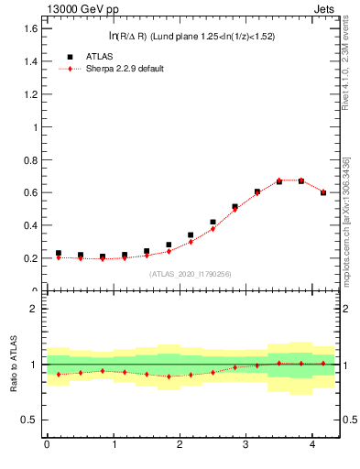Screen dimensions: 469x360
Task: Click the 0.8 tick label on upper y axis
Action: coord(31,159)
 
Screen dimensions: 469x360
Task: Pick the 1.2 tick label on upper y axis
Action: coord(31,94)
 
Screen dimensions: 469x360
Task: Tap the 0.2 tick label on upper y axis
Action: coord(31,258)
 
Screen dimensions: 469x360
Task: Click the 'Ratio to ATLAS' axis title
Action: coord(12,364)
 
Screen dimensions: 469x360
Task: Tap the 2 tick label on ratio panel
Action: coord(35,309)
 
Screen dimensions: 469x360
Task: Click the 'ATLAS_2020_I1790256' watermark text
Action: coord(190,274)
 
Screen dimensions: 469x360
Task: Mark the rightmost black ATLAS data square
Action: coord(323,192)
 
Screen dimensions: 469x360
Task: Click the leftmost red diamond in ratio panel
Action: coord(59,374)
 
